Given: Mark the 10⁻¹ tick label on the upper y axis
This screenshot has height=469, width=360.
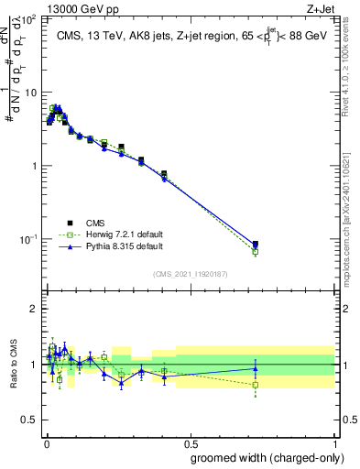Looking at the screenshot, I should pos(27,239).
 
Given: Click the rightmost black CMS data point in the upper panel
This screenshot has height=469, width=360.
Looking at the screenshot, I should pos(256,245).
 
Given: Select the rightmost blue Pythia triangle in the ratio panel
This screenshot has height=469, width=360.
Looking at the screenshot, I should pos(256,369).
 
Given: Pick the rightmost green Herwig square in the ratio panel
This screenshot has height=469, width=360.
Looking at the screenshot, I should pos(256,385).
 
